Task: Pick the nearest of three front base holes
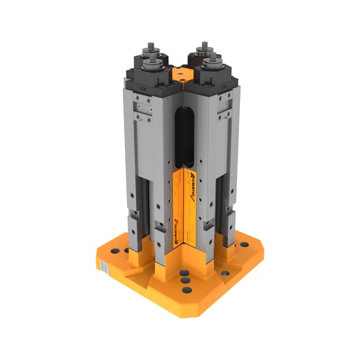tap(186, 291)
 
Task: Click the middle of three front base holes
tap(185, 281)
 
